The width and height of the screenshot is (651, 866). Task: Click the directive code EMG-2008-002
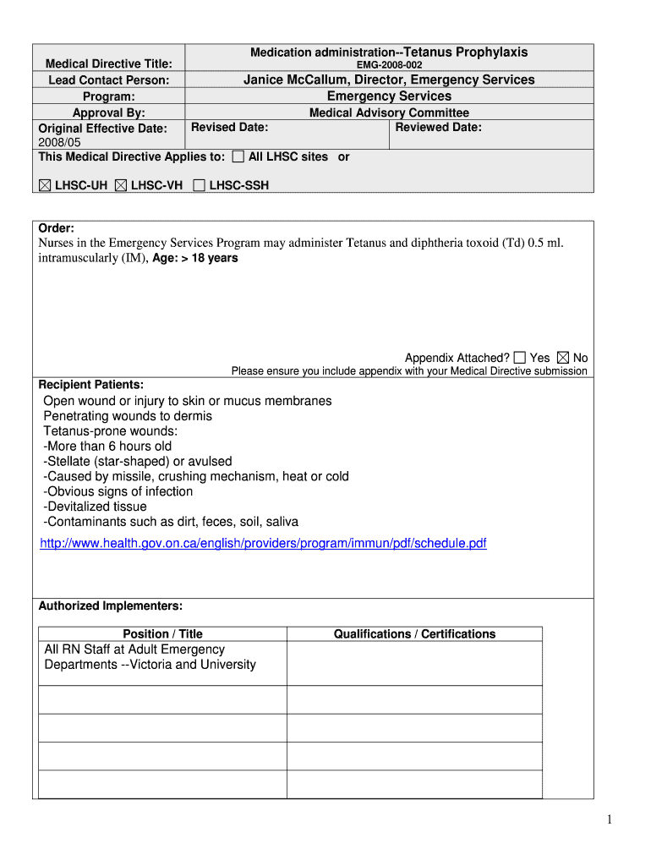pyautogui.click(x=389, y=65)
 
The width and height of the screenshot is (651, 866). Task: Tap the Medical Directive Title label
pyautogui.click(x=108, y=64)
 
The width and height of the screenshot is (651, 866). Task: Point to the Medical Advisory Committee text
pyautogui.click(x=389, y=112)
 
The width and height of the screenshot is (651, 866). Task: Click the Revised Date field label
pyautogui.click(x=230, y=128)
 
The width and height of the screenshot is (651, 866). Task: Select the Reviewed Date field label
pyautogui.click(x=438, y=128)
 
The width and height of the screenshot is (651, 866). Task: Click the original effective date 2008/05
pyautogui.click(x=57, y=142)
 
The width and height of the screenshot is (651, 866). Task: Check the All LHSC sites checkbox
pyautogui.click(x=238, y=156)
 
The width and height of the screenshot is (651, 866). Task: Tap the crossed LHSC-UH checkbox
pyautogui.click(x=44, y=185)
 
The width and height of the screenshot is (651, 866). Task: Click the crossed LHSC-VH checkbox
pyautogui.click(x=120, y=185)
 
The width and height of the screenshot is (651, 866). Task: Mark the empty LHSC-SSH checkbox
pyautogui.click(x=199, y=185)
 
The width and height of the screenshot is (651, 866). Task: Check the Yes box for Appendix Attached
pyautogui.click(x=519, y=358)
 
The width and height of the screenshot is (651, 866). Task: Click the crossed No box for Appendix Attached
pyautogui.click(x=563, y=358)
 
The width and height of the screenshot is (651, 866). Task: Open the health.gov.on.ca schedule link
pyautogui.click(x=263, y=543)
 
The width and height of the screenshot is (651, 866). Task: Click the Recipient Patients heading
pyautogui.click(x=91, y=385)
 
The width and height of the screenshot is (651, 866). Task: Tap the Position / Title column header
pyautogui.click(x=162, y=634)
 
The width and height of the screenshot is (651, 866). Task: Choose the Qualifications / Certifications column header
pyautogui.click(x=414, y=634)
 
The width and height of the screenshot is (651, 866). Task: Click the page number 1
pyautogui.click(x=608, y=819)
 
